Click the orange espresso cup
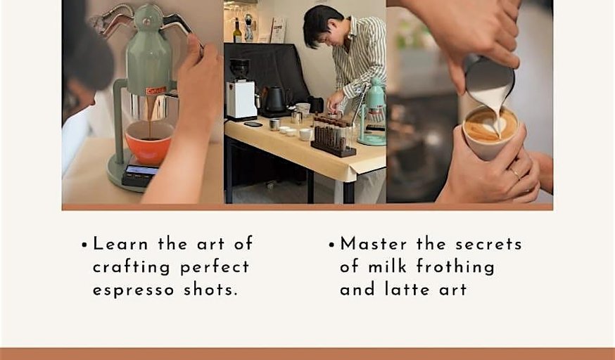click(x=149, y=143)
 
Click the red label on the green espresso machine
click(x=156, y=91)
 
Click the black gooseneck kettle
click(x=275, y=101)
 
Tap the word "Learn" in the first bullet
click(x=120, y=244)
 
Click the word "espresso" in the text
click(x=134, y=290)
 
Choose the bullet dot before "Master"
click(x=332, y=245)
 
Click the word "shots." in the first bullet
click(x=210, y=290)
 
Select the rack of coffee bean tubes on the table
click(x=334, y=135)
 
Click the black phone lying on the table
click(x=253, y=124)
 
